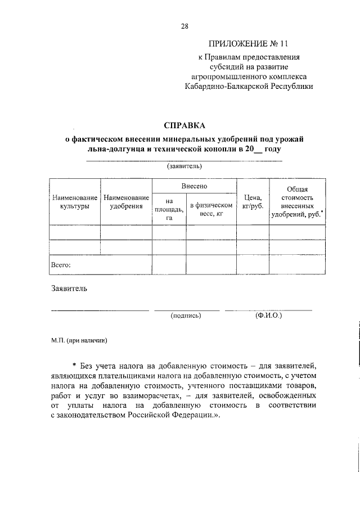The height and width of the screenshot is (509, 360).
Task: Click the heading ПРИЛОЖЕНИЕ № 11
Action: [x=248, y=43]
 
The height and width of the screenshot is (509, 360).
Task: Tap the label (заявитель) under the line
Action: [x=184, y=166]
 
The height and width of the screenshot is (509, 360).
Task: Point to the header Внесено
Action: [x=195, y=186]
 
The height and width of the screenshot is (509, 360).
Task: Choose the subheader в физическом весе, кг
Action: [x=211, y=209]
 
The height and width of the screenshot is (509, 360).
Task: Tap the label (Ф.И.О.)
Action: [x=268, y=316]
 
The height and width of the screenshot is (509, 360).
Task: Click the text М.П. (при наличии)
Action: [x=79, y=340]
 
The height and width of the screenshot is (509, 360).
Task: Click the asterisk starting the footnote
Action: [x=74, y=364]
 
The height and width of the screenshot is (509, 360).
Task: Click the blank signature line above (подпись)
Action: [x=187, y=309]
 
